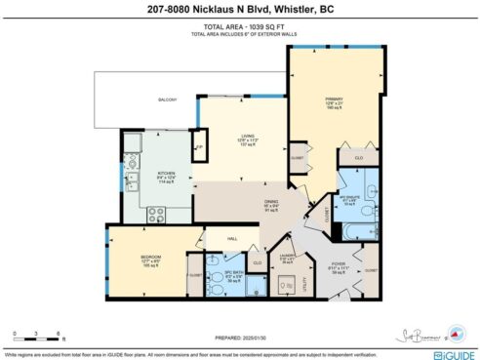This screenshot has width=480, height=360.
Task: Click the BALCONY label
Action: click(x=168, y=100)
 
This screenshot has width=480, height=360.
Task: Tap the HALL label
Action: click(x=232, y=237)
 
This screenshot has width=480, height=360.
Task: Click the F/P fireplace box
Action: click(x=199, y=147)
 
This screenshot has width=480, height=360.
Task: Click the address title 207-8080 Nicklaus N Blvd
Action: click(x=240, y=9)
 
